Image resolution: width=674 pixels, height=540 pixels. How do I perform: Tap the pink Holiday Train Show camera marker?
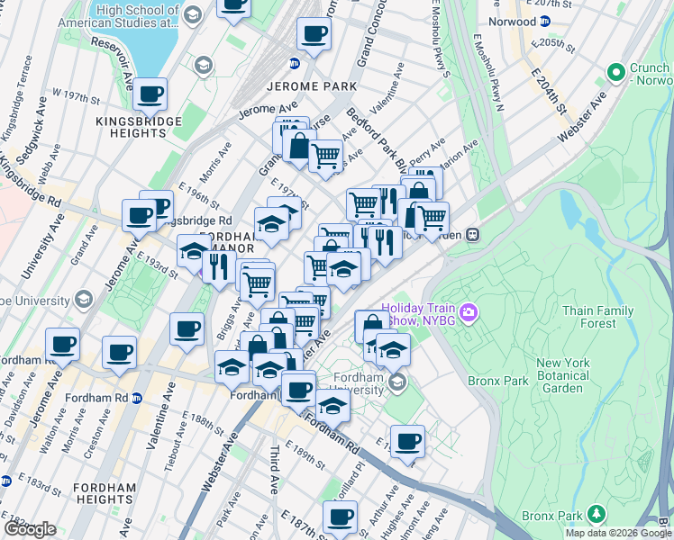click(468, 312)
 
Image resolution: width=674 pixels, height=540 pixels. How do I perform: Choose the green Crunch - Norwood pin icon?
click(616, 71)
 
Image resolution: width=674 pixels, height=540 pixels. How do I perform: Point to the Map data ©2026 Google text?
click(617, 533)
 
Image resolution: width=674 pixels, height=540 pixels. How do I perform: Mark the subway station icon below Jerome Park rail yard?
click(294, 63)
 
